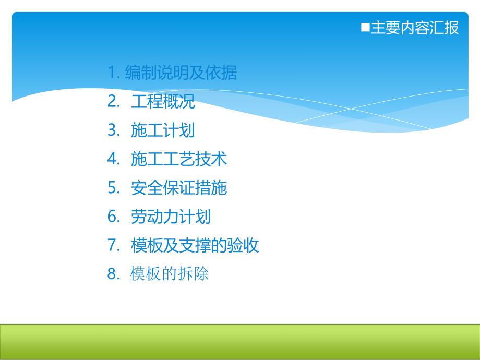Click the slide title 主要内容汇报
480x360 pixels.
414,28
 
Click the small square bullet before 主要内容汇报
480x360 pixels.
365,27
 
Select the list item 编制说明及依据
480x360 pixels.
181,73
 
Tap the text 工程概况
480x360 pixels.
163,102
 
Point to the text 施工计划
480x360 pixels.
163,130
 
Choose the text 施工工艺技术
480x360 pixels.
179,159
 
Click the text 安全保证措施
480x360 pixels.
179,188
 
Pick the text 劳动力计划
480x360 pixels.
171,217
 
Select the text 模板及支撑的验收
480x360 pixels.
195,245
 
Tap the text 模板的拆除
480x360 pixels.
170,274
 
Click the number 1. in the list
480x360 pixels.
114,73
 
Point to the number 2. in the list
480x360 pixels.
114,102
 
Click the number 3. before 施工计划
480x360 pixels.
114,130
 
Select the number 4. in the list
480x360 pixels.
114,159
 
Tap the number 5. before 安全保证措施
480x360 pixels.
114,188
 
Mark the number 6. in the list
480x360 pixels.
114,217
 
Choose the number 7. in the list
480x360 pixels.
114,245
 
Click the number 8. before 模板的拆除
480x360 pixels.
114,274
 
